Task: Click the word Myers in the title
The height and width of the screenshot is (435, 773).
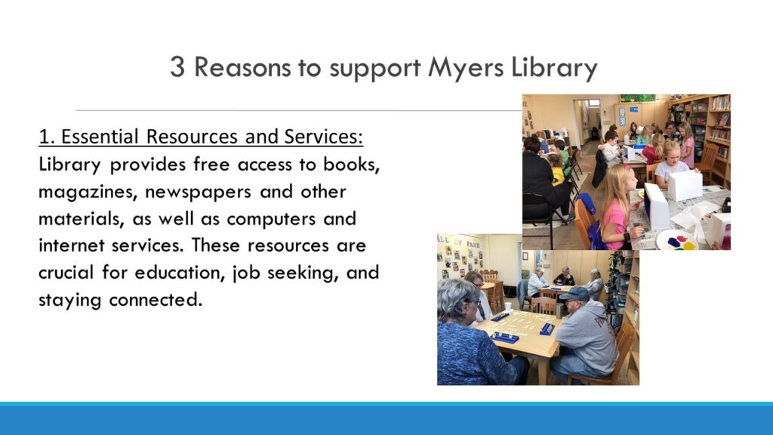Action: coord(466,68)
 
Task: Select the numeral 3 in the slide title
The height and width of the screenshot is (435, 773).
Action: coord(177,67)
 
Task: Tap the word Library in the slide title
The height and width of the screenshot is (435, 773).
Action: coord(554,68)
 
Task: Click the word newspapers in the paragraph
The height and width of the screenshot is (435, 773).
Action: coord(198,192)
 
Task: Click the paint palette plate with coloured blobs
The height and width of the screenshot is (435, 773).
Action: coord(676,240)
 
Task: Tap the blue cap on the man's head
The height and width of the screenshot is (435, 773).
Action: coord(574,295)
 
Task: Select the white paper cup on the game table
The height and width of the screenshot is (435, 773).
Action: coord(507,307)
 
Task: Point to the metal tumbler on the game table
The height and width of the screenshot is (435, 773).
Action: coord(559,310)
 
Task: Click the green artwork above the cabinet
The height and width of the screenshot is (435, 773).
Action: coord(638,98)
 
